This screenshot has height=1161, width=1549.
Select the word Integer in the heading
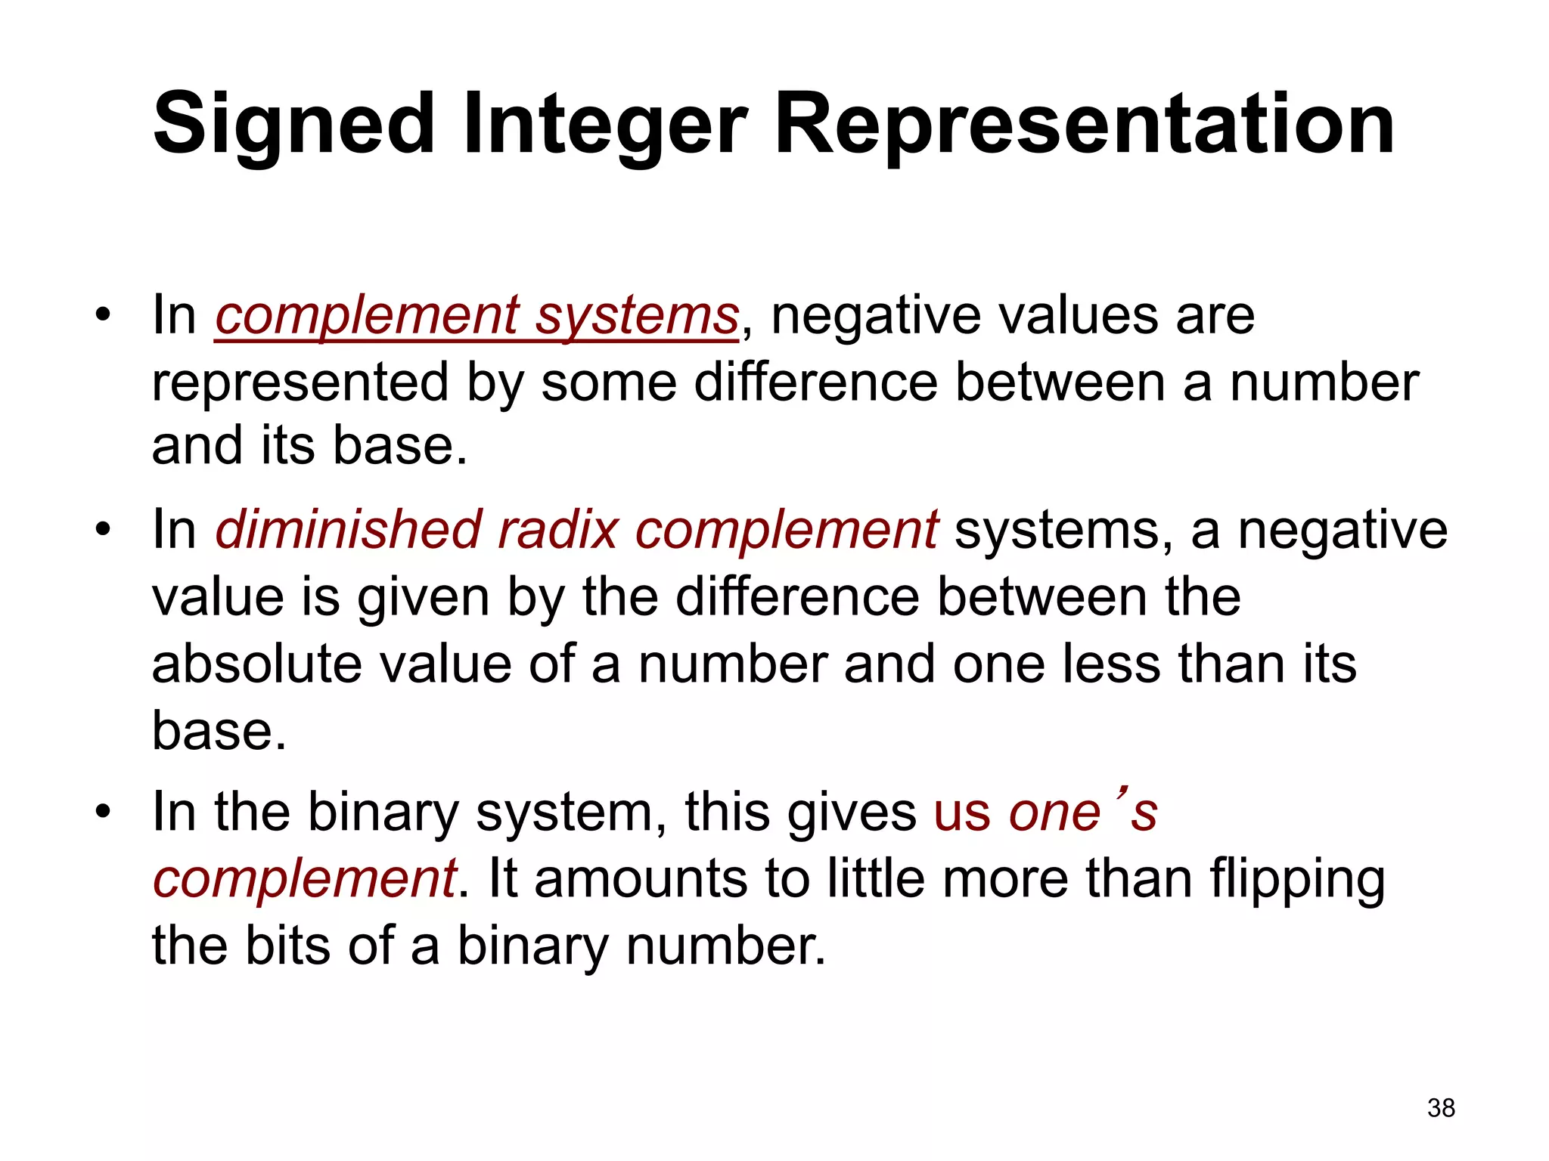(605, 125)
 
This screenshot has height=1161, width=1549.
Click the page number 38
(1441, 1108)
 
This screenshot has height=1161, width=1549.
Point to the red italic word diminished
(349, 530)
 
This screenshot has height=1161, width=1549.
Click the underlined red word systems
(637, 316)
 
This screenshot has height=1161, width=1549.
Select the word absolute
(256, 664)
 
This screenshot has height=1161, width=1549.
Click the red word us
(962, 813)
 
